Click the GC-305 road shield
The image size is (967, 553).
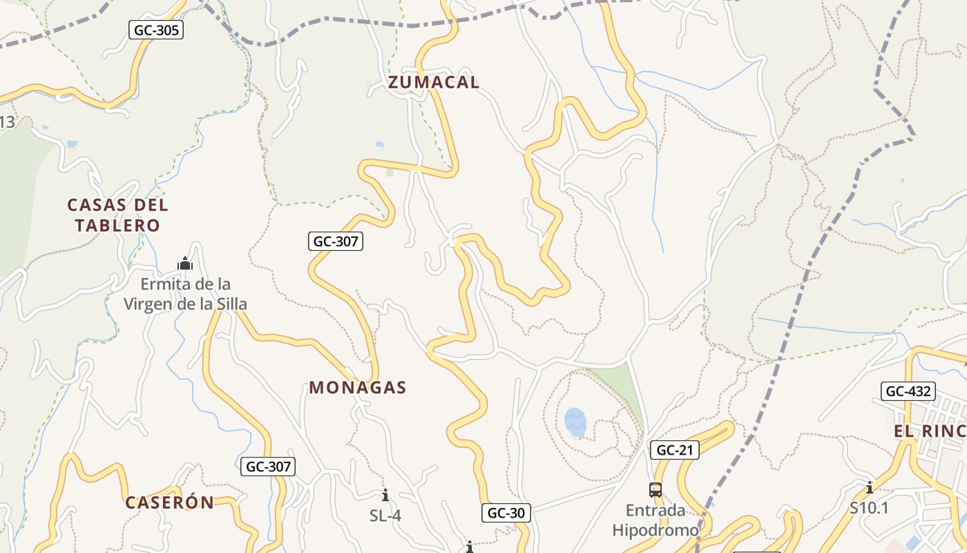click(155, 30)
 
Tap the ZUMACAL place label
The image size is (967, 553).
click(433, 82)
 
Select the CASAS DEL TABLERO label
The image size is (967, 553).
click(117, 215)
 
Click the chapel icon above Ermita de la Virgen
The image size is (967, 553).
click(184, 263)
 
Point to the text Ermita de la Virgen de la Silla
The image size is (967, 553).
click(185, 294)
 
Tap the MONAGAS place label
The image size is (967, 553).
click(357, 388)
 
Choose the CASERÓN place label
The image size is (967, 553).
click(169, 503)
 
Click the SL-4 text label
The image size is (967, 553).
click(385, 516)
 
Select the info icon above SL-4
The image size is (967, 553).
click(385, 495)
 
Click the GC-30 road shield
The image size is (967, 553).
click(506, 513)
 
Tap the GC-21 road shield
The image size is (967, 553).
click(675, 450)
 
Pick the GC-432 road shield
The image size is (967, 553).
click(908, 391)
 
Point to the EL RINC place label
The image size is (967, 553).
click(930, 431)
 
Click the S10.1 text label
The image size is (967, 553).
click(869, 508)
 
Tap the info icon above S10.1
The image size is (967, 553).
click(869, 487)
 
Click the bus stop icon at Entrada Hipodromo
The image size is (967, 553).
click(655, 490)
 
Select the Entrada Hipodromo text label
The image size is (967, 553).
click(655, 521)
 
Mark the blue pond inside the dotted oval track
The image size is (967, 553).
click(575, 421)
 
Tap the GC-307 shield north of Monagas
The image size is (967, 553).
click(335, 241)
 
